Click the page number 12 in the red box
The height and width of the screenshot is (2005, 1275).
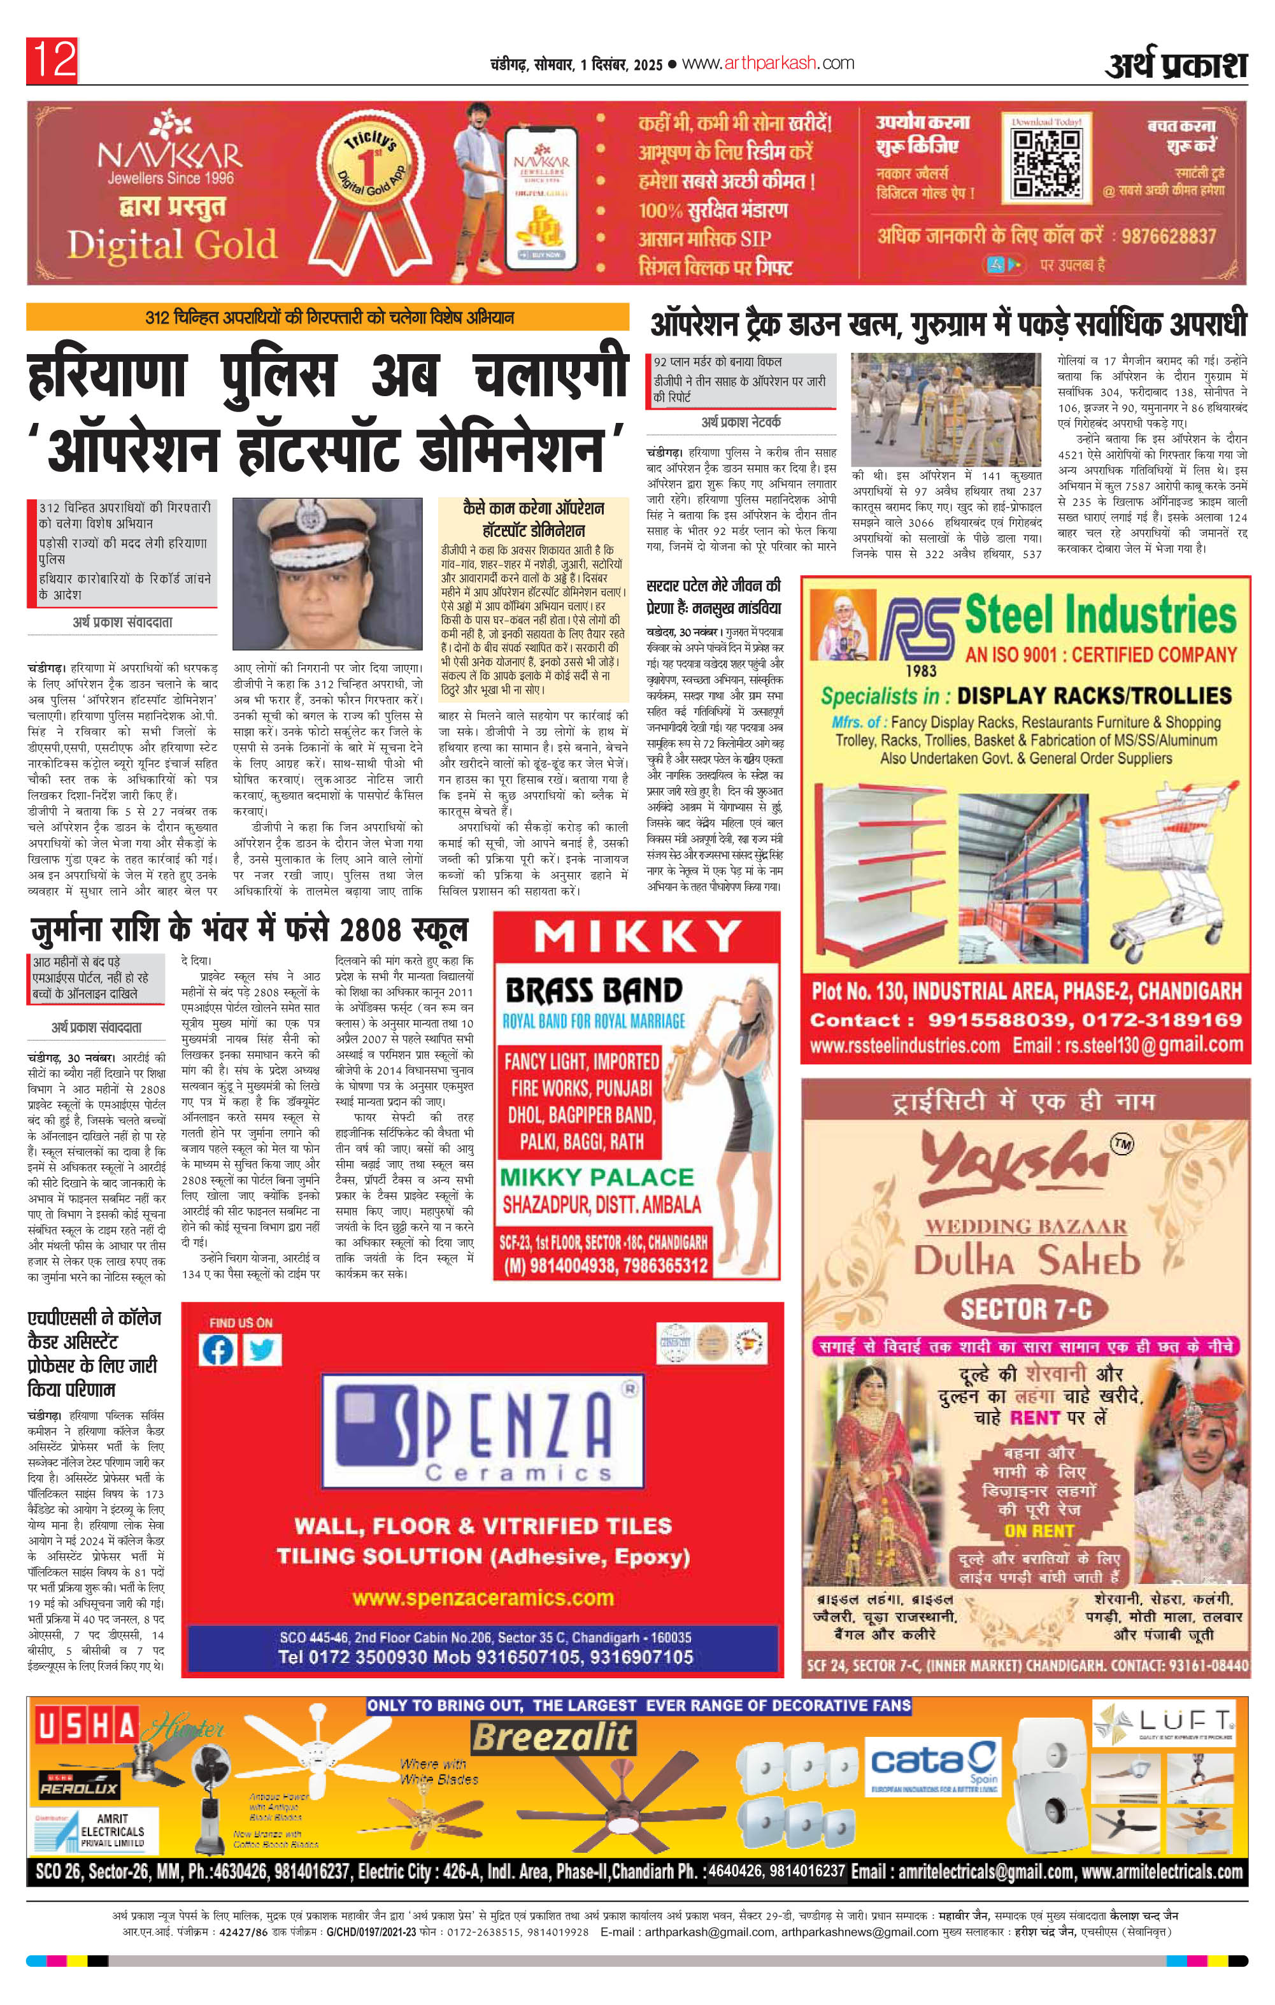point(52,61)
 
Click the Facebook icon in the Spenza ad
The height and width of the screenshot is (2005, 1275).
point(218,1350)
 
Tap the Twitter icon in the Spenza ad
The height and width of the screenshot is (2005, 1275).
point(262,1350)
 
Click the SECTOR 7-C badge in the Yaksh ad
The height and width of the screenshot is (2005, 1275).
point(1025,1309)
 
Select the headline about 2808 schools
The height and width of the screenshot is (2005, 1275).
point(250,930)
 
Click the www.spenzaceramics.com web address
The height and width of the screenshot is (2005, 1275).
point(483,1598)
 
